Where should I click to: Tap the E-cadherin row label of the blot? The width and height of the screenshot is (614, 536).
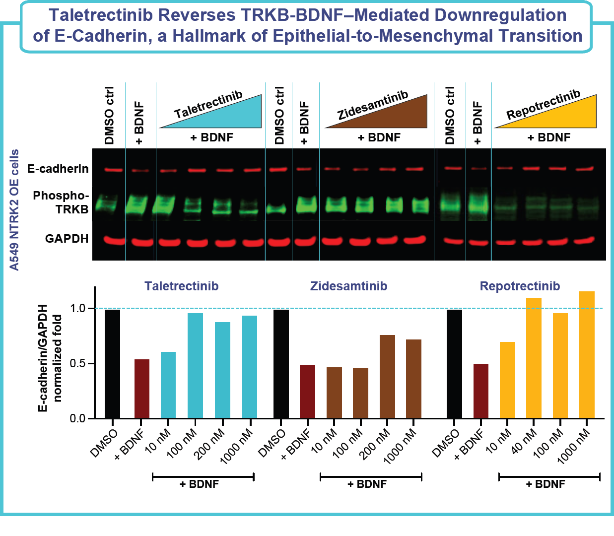[58, 169]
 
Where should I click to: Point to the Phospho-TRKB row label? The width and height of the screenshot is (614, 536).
[61, 202]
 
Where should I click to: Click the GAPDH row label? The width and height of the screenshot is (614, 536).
[67, 239]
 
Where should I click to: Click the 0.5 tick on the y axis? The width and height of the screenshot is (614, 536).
[77, 364]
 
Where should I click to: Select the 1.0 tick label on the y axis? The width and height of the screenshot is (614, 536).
[77, 309]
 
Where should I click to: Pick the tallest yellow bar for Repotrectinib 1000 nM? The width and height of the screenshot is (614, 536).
[587, 355]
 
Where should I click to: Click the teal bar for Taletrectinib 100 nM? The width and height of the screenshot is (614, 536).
[195, 366]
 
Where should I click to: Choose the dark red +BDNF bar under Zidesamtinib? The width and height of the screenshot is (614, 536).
[307, 392]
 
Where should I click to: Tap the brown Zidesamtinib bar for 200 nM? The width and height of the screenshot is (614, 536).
[387, 377]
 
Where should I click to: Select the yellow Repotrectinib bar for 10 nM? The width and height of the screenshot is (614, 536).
[507, 380]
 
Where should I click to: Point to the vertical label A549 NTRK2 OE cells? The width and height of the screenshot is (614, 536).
[15, 209]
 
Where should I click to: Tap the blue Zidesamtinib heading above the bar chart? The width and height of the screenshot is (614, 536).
[348, 286]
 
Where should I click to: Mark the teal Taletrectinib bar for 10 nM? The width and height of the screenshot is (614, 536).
[168, 385]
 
